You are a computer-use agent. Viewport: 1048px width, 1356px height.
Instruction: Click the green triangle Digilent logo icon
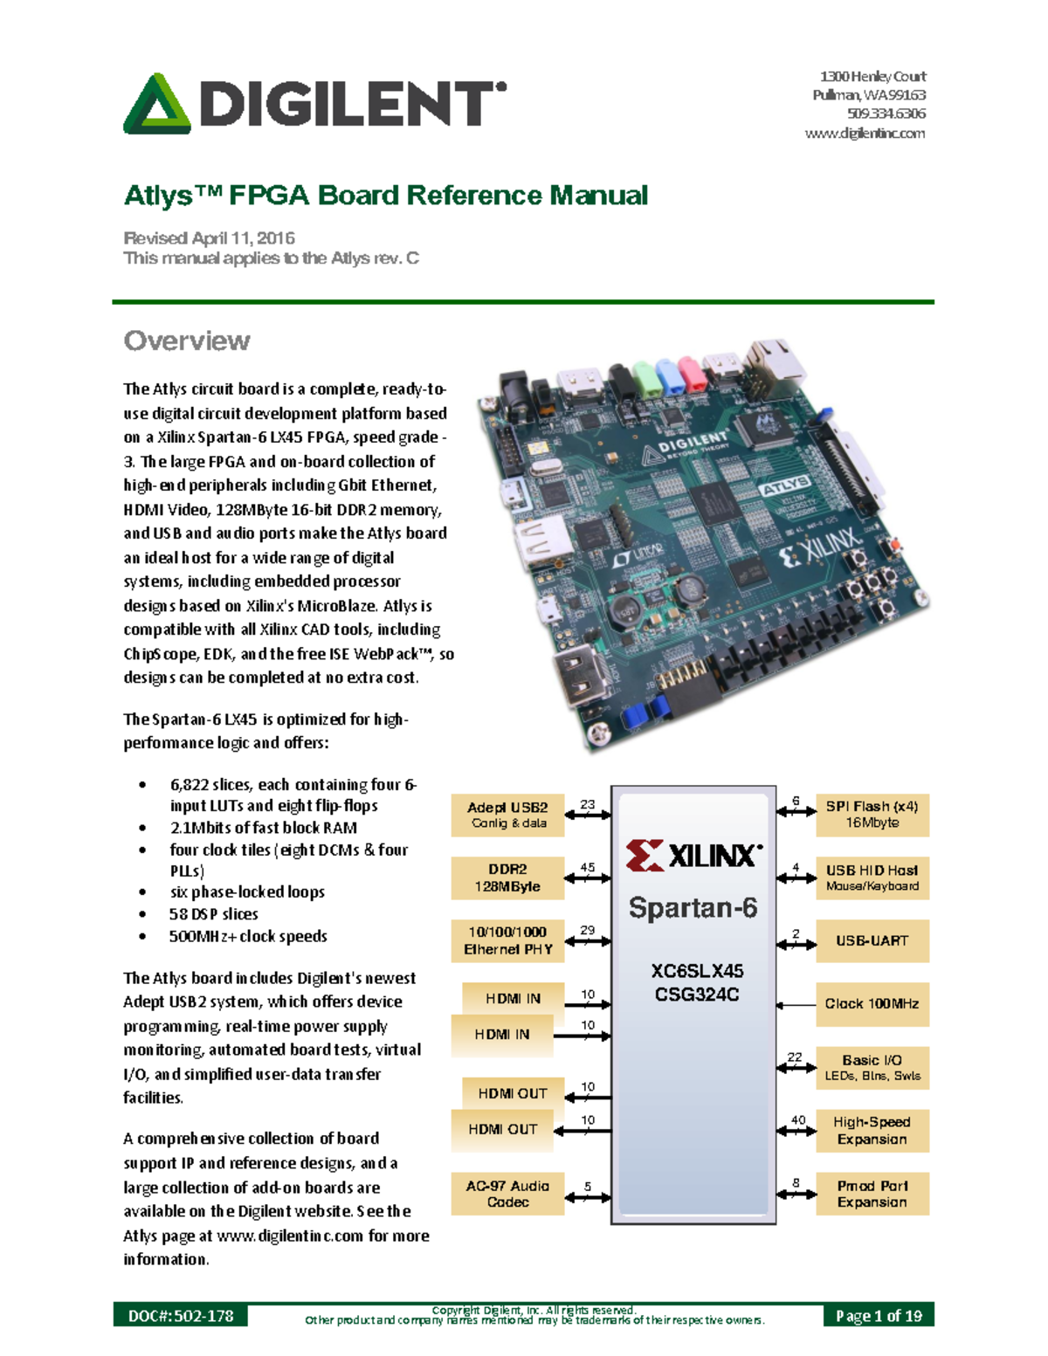(x=157, y=105)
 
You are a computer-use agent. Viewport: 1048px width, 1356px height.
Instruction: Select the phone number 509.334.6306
(x=886, y=114)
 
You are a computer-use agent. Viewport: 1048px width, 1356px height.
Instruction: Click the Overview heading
(x=187, y=341)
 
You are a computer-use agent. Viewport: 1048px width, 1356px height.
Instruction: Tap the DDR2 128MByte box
(x=507, y=878)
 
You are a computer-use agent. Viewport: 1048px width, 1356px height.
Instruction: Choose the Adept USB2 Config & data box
(x=507, y=815)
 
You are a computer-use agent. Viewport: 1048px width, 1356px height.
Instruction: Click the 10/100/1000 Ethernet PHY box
(x=507, y=940)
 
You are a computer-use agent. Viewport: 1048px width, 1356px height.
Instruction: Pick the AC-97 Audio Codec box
(x=507, y=1194)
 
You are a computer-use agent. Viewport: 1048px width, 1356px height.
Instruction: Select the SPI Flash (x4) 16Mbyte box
(x=872, y=815)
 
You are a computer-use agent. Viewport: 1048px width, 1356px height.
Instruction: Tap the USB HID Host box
(x=872, y=878)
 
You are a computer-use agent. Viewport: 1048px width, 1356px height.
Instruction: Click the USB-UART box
(x=872, y=940)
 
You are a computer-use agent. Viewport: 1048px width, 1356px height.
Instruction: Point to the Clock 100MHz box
(x=872, y=1004)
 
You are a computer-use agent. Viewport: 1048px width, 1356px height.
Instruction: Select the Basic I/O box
(x=872, y=1067)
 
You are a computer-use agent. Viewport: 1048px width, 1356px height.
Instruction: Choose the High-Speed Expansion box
(x=872, y=1131)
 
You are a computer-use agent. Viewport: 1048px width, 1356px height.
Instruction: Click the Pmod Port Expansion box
(x=872, y=1194)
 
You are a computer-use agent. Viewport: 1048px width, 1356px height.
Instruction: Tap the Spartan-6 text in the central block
(x=693, y=908)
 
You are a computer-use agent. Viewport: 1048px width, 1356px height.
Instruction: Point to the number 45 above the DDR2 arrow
(x=588, y=868)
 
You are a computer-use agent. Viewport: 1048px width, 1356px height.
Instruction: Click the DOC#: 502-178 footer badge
(x=181, y=1315)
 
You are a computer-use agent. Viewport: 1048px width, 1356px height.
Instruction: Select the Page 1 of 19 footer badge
(x=878, y=1315)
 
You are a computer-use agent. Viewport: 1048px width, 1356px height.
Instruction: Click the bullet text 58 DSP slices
(x=214, y=914)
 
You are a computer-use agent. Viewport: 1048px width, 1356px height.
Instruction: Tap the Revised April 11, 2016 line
(x=210, y=237)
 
